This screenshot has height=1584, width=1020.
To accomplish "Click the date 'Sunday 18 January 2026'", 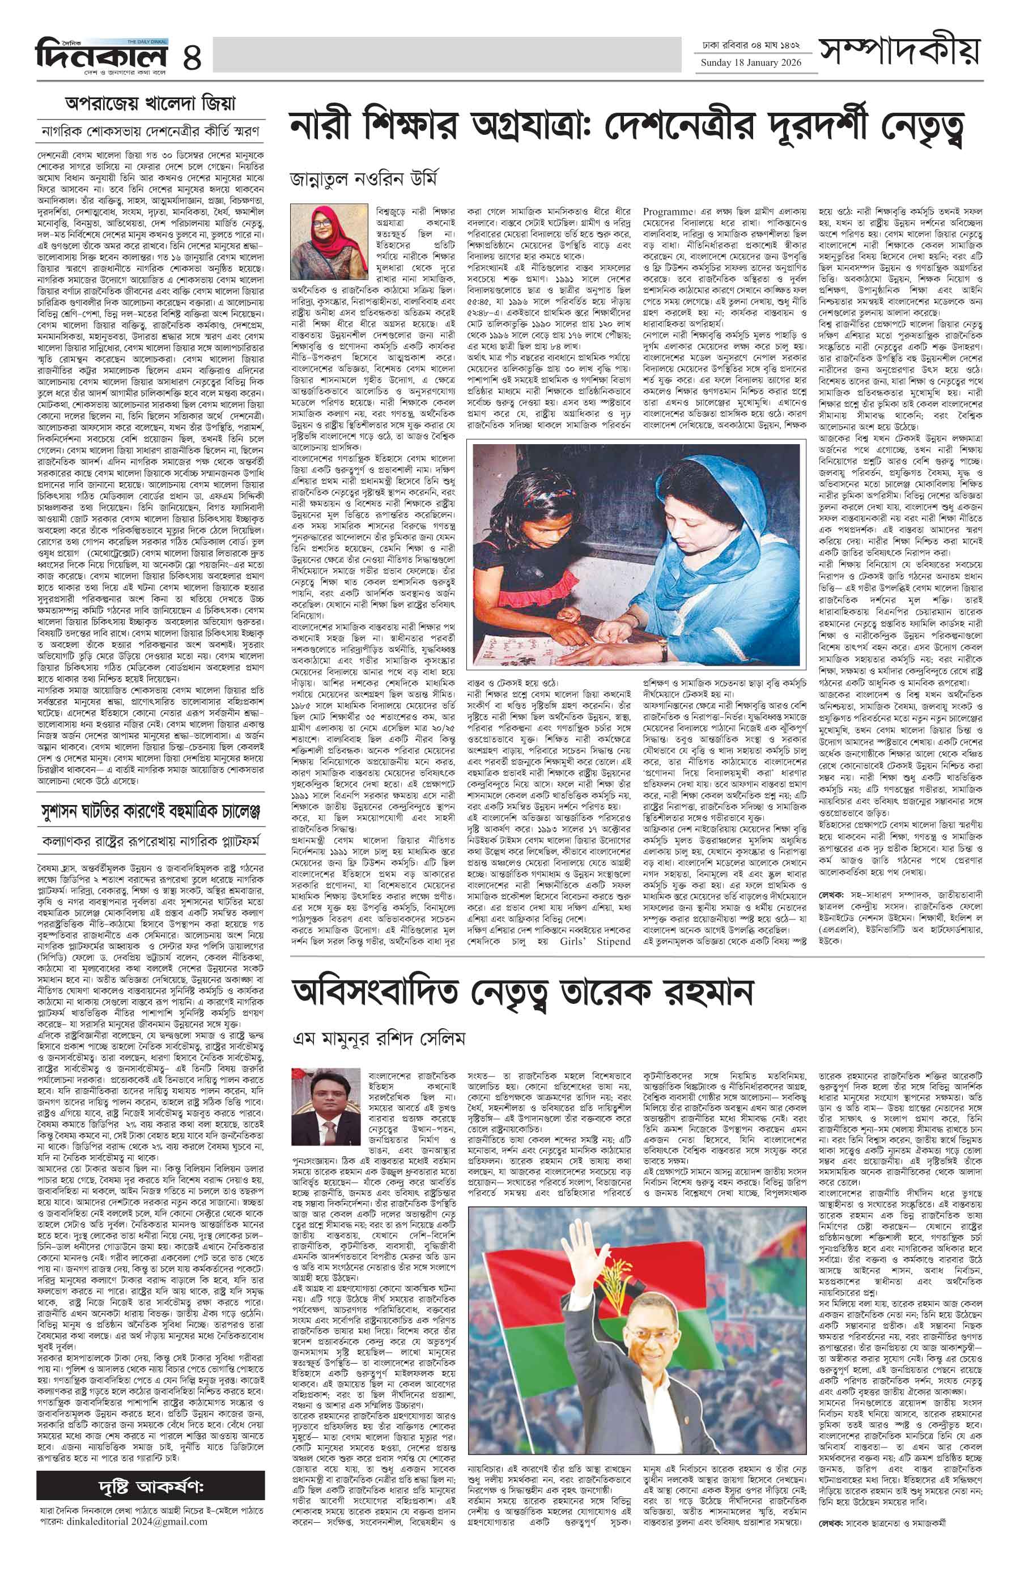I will click(751, 63).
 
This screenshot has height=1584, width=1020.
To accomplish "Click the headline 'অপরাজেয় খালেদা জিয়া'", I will click(150, 104).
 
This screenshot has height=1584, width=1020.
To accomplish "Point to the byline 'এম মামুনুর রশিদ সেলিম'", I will click(379, 1038).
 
